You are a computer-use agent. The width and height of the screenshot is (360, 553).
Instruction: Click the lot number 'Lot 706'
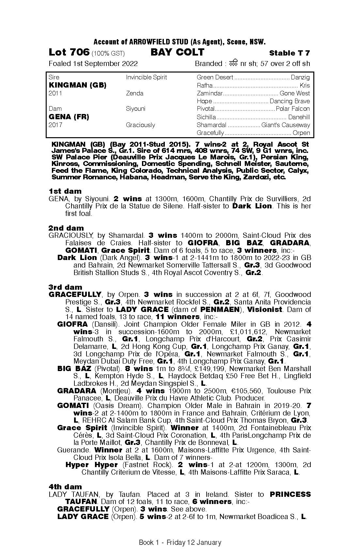click(x=69, y=52)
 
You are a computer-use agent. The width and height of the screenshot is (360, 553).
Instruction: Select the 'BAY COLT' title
click(x=177, y=52)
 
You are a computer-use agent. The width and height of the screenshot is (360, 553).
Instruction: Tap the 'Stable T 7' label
click(x=290, y=53)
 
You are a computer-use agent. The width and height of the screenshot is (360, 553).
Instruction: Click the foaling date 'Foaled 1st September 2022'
click(x=93, y=64)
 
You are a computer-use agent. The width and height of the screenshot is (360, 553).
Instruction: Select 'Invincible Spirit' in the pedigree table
click(x=146, y=77)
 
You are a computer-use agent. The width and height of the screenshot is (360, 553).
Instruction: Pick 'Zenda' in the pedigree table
click(x=134, y=93)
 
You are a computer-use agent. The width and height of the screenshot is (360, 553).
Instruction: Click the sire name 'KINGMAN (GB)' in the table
click(x=77, y=85)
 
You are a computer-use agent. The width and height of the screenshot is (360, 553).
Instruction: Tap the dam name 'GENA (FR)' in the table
click(x=69, y=117)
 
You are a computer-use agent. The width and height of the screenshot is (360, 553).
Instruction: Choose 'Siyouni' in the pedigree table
click(x=135, y=109)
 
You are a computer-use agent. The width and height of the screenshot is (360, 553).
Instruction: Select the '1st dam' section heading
click(x=65, y=191)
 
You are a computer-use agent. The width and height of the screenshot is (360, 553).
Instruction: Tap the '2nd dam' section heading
click(x=66, y=228)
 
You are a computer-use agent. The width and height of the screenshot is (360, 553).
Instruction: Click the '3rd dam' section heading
click(x=65, y=287)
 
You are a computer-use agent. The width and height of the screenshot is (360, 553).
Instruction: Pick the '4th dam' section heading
click(x=65, y=487)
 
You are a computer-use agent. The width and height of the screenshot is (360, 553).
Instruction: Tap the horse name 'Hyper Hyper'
click(x=91, y=465)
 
